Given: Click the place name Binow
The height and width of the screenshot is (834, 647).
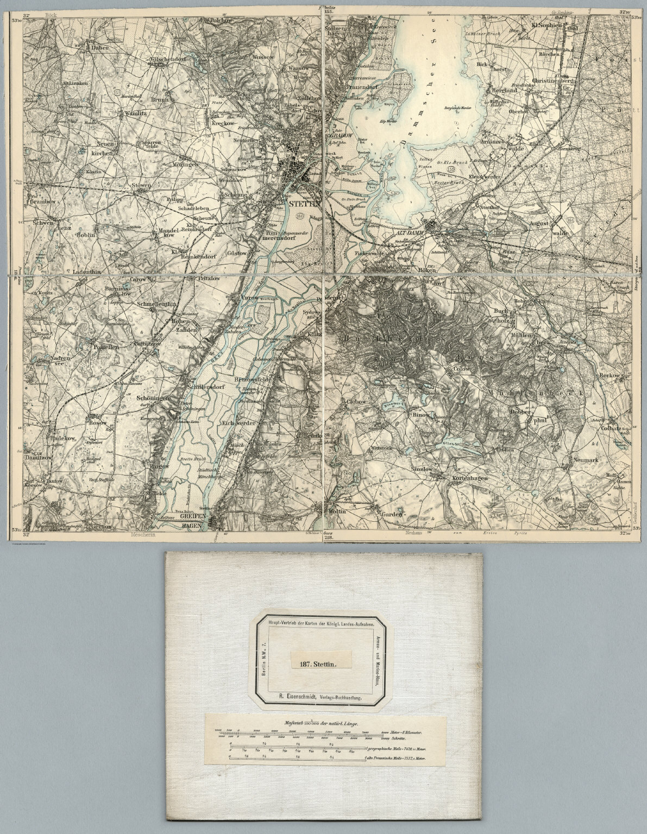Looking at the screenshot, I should (421, 414).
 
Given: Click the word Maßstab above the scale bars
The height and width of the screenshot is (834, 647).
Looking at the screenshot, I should (294, 723).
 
